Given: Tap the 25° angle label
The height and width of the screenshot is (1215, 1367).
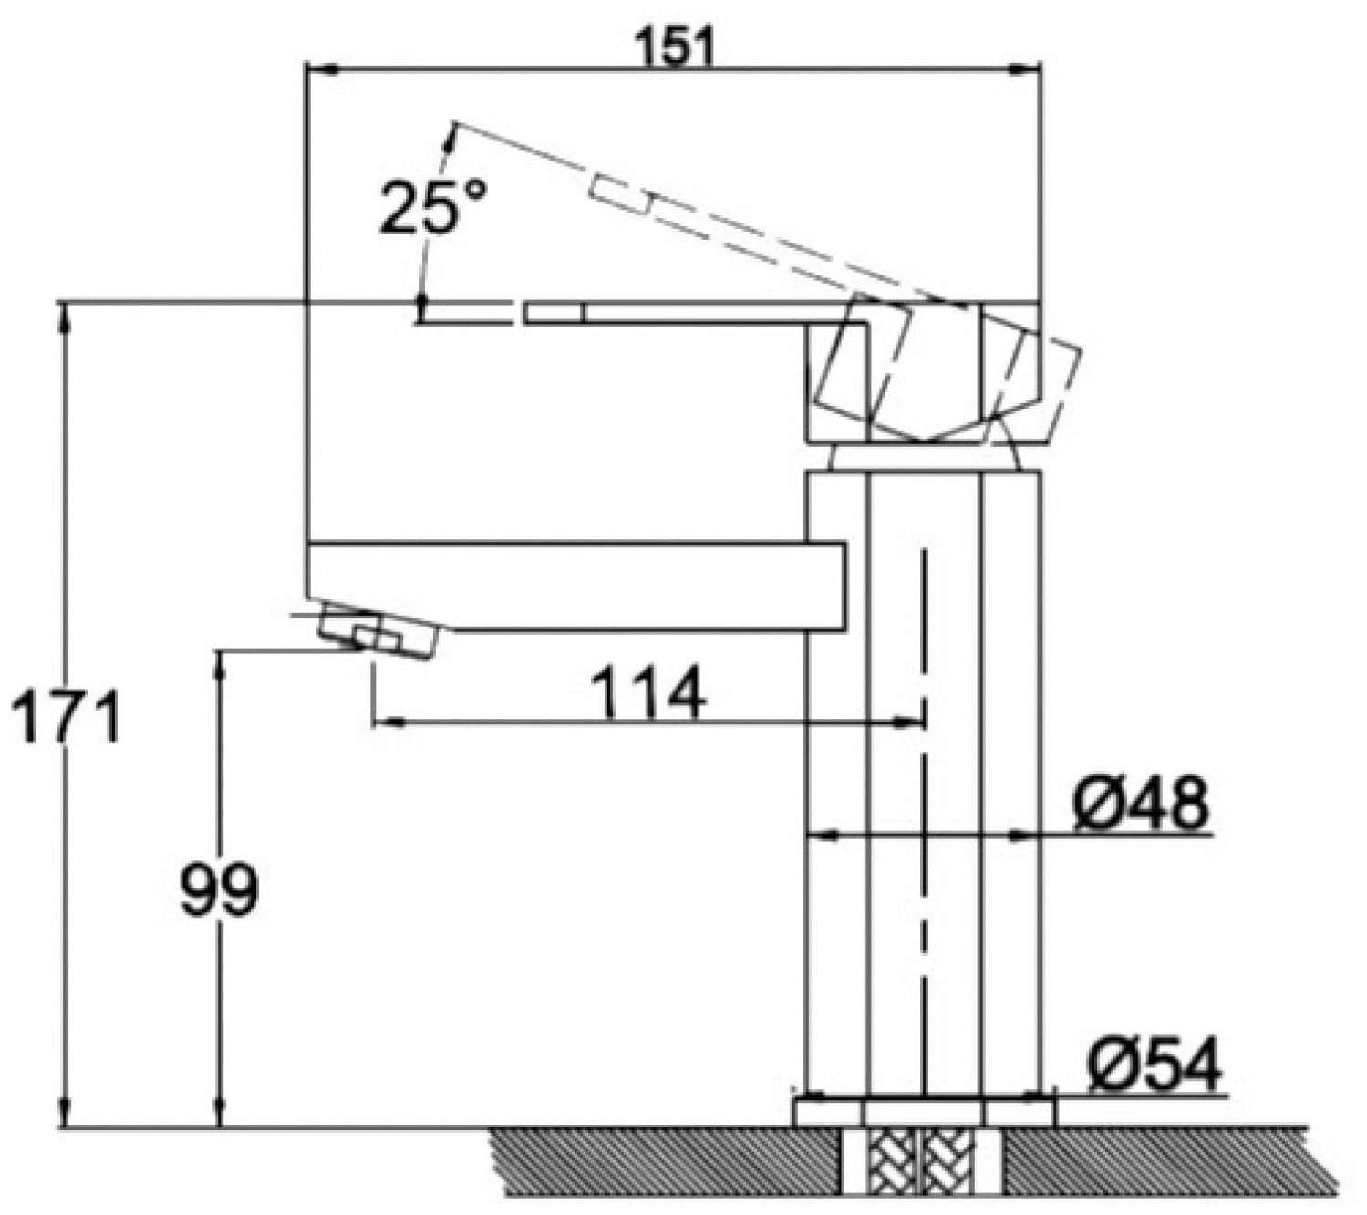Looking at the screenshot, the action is point(433,206).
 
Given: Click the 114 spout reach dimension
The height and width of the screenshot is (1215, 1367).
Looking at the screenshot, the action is point(648,692).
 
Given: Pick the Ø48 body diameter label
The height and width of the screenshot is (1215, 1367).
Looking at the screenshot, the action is point(1140,804).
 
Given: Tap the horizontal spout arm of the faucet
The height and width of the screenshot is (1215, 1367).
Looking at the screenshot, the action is point(575,584).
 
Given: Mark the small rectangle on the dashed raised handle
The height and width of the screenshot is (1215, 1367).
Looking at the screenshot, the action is point(621,192).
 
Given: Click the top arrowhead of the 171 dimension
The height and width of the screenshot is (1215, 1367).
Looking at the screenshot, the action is point(64,315).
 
